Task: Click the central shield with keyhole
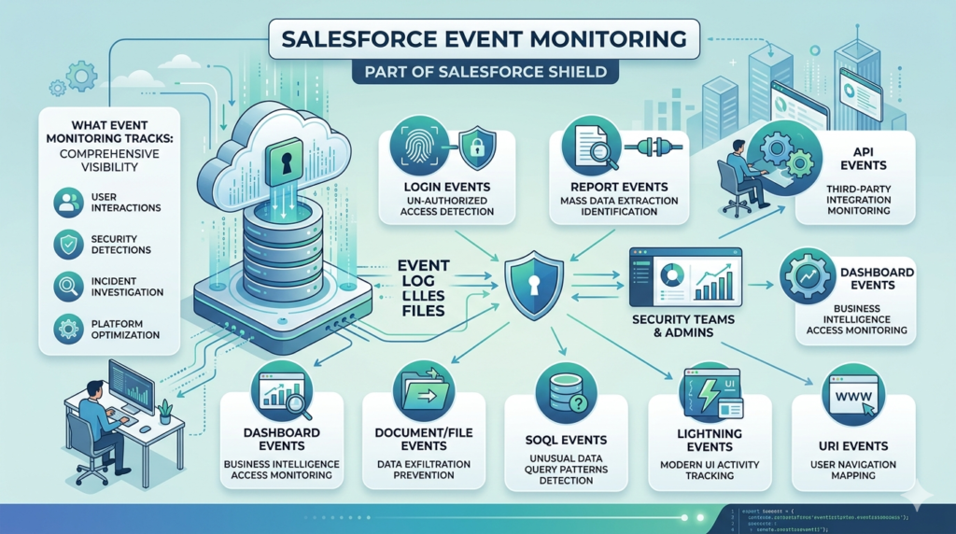[532, 280]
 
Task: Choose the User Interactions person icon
[68, 202]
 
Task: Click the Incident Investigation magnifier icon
[68, 285]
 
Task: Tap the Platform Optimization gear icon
[68, 328]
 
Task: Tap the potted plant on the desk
[165, 411]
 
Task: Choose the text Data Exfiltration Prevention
[421, 470]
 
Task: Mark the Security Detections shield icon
[68, 245]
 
